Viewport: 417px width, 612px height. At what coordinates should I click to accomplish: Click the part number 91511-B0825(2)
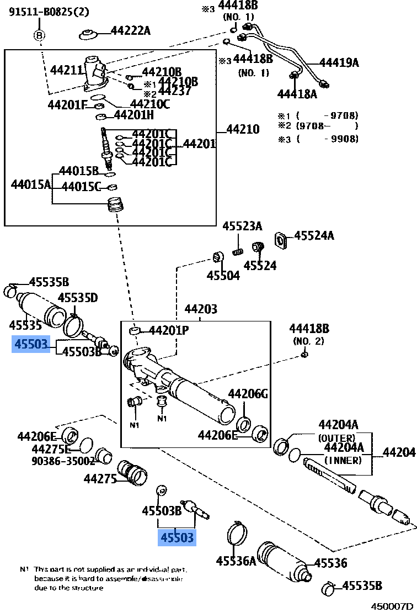click(x=49, y=12)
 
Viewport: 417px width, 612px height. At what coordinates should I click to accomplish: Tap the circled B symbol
click(x=40, y=36)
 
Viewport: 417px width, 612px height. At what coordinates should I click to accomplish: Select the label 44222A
click(x=130, y=31)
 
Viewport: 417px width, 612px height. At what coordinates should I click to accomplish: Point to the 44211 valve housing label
click(x=66, y=70)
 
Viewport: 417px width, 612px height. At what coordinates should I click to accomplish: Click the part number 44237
click(x=175, y=91)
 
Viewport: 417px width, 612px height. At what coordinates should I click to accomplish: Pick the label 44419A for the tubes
click(x=339, y=62)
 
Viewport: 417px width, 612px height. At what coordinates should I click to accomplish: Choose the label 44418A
click(x=297, y=94)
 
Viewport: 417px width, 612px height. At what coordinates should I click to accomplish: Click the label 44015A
click(x=31, y=184)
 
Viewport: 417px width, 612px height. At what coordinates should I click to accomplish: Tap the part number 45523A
click(x=242, y=226)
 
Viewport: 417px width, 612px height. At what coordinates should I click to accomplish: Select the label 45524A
click(x=314, y=236)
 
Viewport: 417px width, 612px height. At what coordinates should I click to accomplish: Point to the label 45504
click(x=223, y=275)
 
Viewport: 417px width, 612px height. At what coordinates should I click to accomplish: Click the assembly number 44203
click(x=201, y=309)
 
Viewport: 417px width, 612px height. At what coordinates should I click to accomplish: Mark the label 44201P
click(x=169, y=331)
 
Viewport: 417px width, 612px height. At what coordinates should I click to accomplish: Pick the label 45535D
click(x=78, y=298)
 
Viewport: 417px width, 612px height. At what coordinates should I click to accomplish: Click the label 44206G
click(x=248, y=394)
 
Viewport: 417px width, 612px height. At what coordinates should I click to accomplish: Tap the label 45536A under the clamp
click(x=236, y=561)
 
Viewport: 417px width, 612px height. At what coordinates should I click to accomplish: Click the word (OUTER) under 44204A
click(x=336, y=437)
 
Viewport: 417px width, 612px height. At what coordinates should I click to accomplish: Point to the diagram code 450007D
click(x=391, y=606)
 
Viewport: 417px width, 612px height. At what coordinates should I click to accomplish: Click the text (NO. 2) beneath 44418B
click(x=309, y=341)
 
